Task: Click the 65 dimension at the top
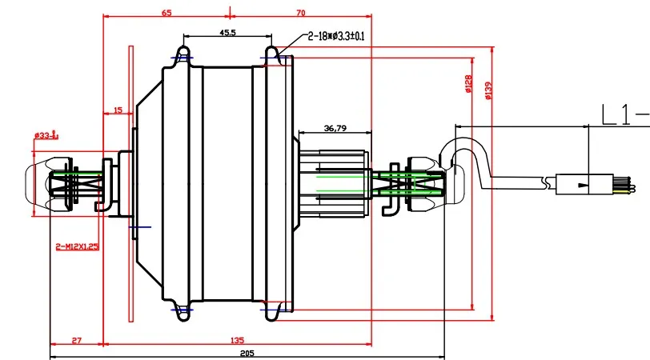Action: [x=167, y=13]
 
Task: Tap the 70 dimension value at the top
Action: [x=300, y=13]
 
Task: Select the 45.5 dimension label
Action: [x=227, y=32]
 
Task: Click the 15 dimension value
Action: [x=118, y=110]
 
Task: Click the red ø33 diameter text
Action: [x=46, y=135]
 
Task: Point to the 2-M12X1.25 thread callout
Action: [x=77, y=246]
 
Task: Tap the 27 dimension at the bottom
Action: [x=76, y=341]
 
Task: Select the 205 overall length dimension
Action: [x=246, y=354]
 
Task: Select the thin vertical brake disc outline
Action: [x=130, y=184]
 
